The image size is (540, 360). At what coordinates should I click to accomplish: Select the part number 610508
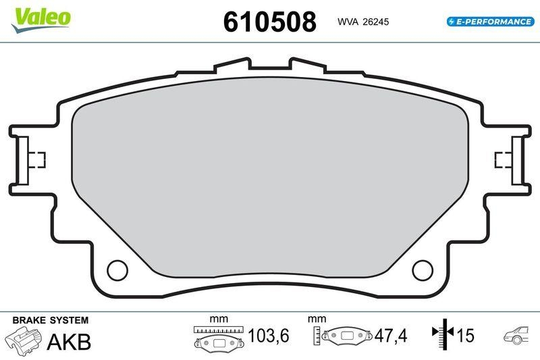(269, 22)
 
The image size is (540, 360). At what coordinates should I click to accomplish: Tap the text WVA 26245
(363, 22)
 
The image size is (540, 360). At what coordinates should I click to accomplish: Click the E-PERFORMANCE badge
(490, 22)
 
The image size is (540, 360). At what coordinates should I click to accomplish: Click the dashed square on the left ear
(38, 159)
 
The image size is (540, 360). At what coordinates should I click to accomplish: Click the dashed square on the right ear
(503, 159)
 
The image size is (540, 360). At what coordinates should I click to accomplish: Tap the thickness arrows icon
(443, 335)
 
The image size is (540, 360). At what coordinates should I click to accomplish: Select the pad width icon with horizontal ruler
(217, 336)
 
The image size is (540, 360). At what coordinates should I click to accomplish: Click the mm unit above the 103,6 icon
(218, 318)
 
